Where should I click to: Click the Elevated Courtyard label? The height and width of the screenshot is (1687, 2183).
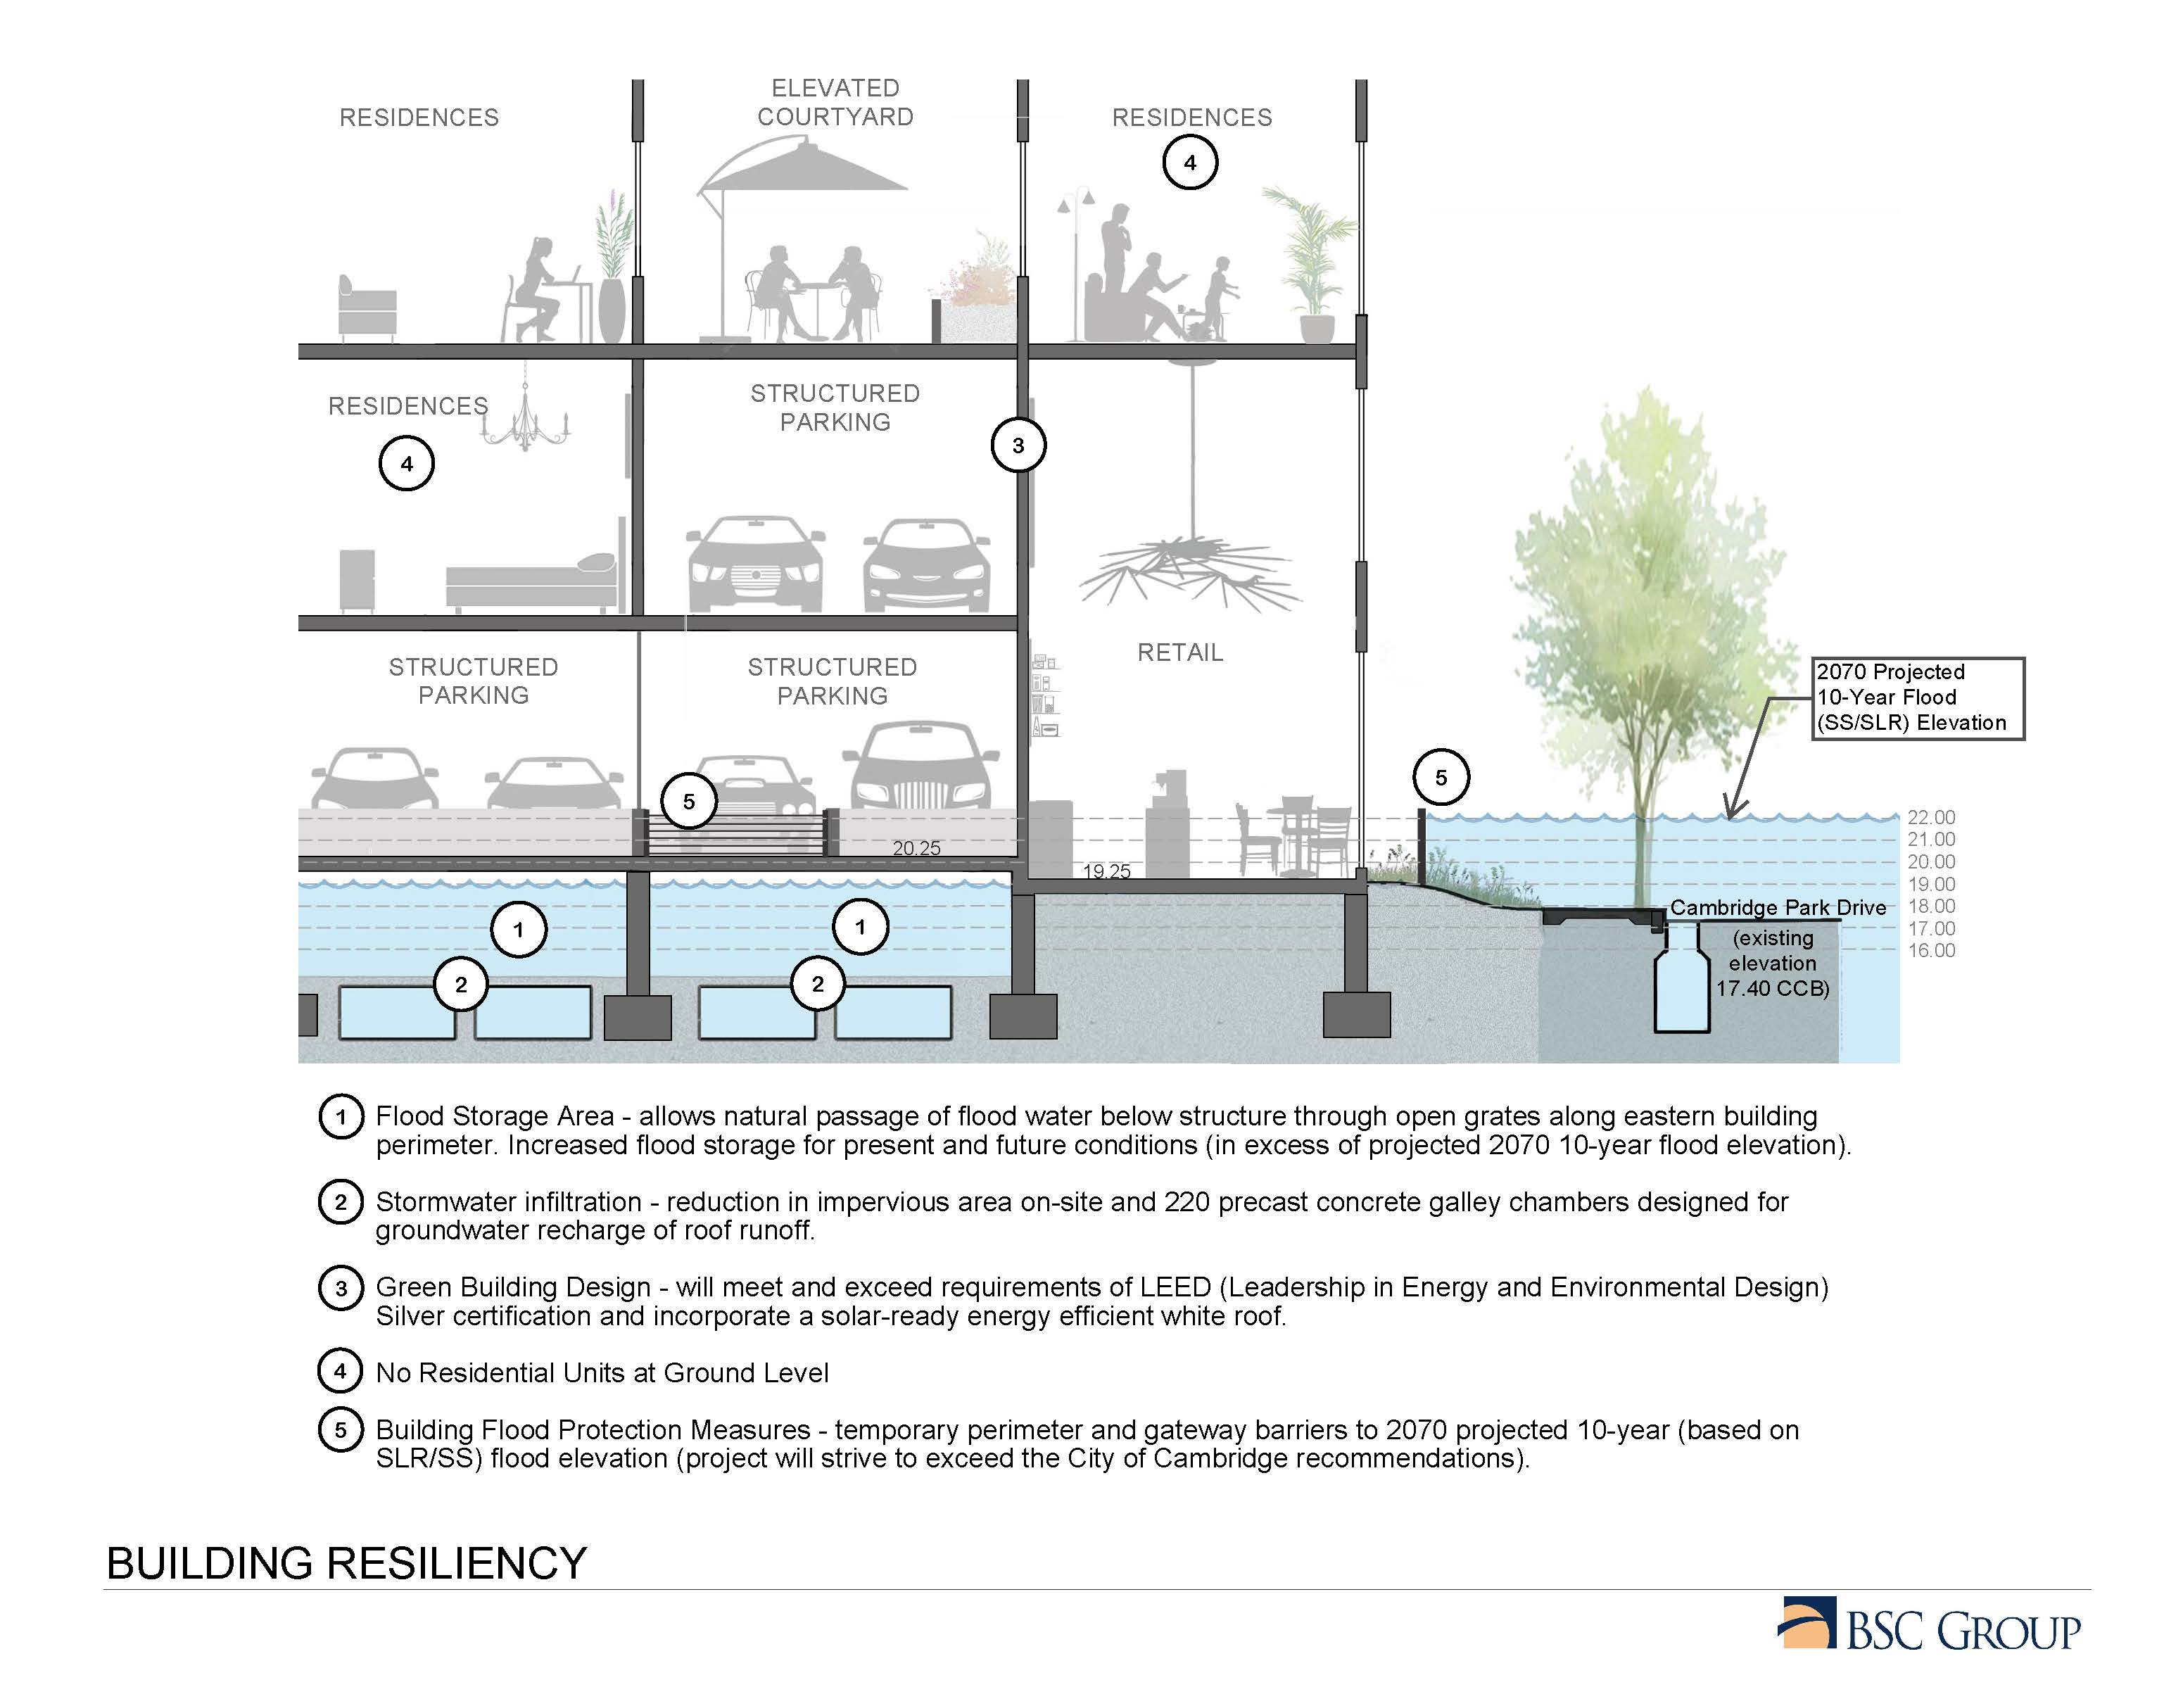[835, 103]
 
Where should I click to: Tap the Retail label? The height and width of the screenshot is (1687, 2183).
[1179, 652]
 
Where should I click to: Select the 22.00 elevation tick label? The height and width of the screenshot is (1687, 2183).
[1931, 818]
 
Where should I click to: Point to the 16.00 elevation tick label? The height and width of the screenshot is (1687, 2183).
[1931, 950]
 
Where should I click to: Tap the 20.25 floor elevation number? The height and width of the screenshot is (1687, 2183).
[916, 849]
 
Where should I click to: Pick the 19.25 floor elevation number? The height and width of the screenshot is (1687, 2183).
[1106, 871]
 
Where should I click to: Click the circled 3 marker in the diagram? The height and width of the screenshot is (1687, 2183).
[1018, 445]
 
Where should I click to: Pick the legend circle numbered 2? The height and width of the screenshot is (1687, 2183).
[341, 1201]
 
